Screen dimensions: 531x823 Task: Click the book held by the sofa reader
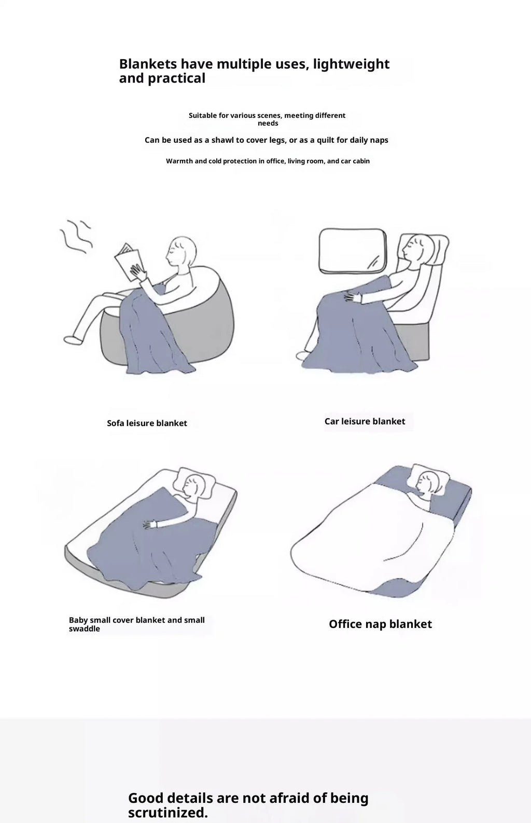pyautogui.click(x=129, y=262)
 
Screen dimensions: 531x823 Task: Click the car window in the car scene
pyautogui.click(x=353, y=251)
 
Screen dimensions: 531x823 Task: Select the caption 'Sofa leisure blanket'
pyautogui.click(x=147, y=423)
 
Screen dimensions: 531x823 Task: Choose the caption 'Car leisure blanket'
pyautogui.click(x=365, y=421)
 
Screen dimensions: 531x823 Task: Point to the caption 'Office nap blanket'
pyautogui.click(x=380, y=624)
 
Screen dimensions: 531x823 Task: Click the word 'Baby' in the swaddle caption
pyautogui.click(x=78, y=620)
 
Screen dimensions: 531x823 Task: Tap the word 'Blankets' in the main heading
pyautogui.click(x=148, y=64)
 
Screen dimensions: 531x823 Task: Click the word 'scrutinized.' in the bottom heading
pyautogui.click(x=168, y=812)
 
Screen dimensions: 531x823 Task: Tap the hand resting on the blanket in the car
pyautogui.click(x=353, y=296)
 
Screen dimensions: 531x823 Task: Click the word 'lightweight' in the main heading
pyautogui.click(x=351, y=64)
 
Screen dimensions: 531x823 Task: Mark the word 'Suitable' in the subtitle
pyautogui.click(x=203, y=115)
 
